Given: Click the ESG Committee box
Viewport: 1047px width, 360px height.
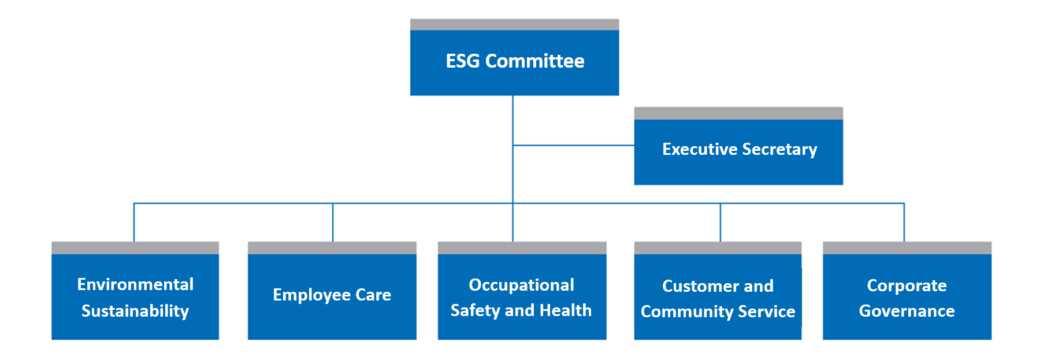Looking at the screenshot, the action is click(x=514, y=57).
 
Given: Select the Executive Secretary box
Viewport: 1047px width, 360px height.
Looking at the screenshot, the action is click(x=738, y=146).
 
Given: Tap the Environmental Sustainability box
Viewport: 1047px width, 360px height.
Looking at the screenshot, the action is click(x=135, y=291).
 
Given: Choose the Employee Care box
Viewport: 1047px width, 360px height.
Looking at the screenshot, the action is click(x=332, y=291).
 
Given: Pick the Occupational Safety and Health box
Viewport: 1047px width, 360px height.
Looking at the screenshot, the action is click(x=522, y=291).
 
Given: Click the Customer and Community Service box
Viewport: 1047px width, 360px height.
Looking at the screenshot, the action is click(x=718, y=291).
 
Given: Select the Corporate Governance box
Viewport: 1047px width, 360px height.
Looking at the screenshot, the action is click(x=907, y=291).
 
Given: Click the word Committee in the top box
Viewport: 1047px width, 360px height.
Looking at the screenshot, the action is click(x=534, y=61).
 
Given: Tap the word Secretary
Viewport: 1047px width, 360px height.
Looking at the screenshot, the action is click(x=779, y=150).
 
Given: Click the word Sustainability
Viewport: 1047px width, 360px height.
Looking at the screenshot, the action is click(x=135, y=311).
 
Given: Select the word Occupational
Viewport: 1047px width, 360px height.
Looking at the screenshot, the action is click(x=521, y=285).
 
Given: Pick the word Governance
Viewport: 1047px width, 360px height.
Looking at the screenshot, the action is click(x=907, y=311).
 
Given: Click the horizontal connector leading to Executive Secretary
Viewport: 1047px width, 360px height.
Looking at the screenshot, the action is click(x=574, y=145).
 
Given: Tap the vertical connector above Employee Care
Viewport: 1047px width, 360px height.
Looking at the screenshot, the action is click(x=333, y=222).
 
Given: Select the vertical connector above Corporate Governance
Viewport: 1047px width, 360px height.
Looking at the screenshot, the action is click(x=904, y=222).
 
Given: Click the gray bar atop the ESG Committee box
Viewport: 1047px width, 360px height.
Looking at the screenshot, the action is click(x=514, y=24).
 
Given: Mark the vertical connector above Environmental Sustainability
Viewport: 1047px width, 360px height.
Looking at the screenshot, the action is click(x=134, y=222).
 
